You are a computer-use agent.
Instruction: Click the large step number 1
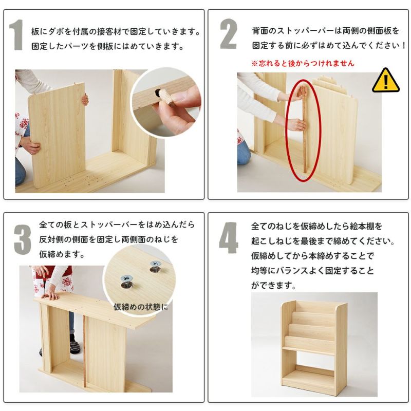[x=18, y=36]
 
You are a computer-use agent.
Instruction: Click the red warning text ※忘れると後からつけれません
[x=303, y=64]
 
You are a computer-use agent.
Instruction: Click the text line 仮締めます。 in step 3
[x=62, y=254]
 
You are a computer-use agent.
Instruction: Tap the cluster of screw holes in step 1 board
[x=87, y=181]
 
